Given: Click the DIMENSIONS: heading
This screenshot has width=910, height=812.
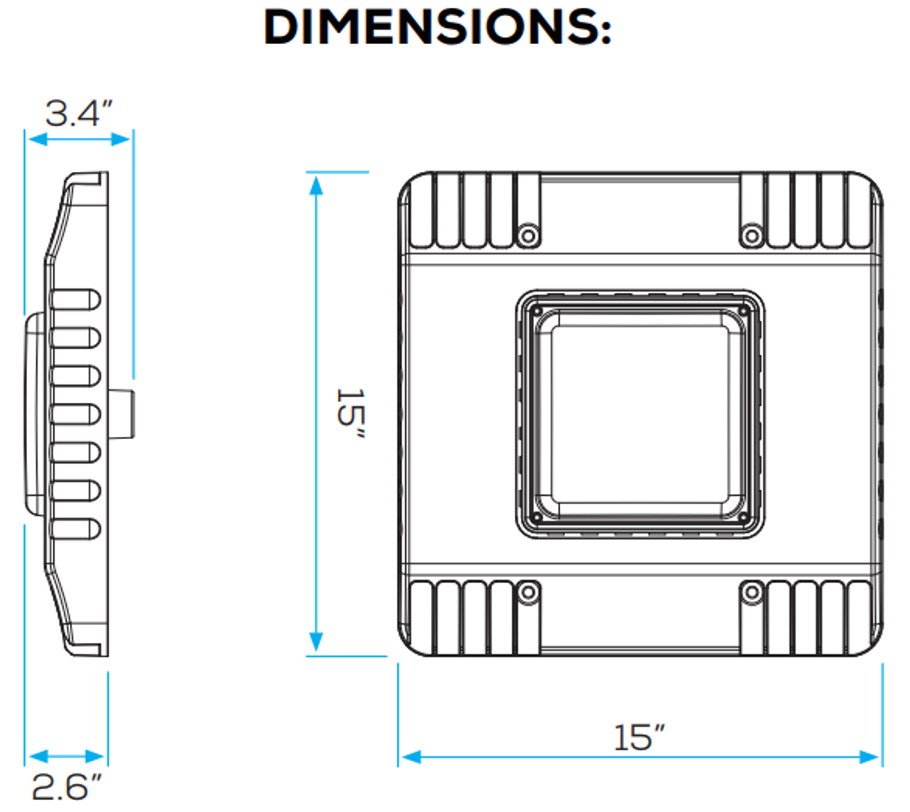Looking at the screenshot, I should pos(437,28).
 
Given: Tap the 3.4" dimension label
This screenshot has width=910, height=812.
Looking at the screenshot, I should pos(79,114).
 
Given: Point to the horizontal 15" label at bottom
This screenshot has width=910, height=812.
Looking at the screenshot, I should pos(639,737).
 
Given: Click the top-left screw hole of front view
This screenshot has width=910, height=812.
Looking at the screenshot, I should pos(528,234).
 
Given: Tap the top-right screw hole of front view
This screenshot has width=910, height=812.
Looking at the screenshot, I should pos(751,234).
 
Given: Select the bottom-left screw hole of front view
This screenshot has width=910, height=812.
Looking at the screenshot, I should pos(528,592).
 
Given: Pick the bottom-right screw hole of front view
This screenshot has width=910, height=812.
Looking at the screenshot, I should pos(751,592).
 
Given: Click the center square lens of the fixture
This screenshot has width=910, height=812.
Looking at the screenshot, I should pos(639,413).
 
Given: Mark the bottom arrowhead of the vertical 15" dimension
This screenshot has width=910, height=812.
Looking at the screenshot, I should pos(316,642).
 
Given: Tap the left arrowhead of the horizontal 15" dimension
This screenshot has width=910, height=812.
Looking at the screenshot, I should pos(410,757).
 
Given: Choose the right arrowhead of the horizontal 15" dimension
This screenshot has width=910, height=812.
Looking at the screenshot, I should pos(870,757).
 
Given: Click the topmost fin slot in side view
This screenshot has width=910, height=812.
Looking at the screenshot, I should pos(75,300).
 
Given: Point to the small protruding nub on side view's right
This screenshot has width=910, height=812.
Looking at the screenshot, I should pos(122,413).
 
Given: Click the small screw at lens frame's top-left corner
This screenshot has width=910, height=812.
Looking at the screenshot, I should pos(537,311).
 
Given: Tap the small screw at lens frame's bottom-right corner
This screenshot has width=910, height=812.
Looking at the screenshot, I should pos(743,517).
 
